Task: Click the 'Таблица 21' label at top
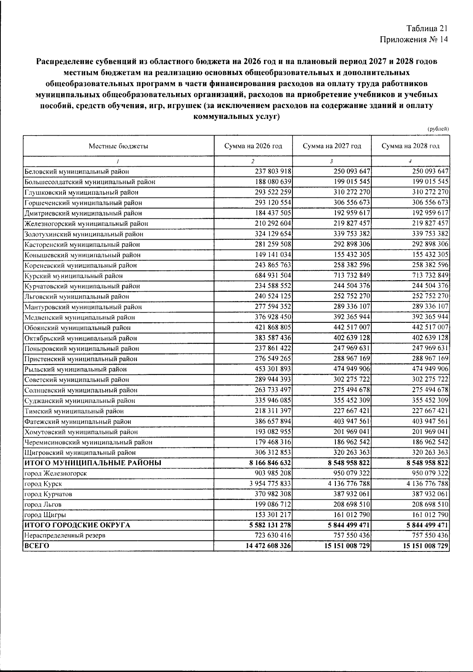coord(427,28)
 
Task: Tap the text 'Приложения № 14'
coord(414,39)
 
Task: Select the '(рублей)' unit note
coord(438,129)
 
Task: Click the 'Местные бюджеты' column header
coord(118,146)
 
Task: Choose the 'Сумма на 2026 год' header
coord(253,146)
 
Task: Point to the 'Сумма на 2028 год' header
coord(410,146)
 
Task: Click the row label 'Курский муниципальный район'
coord(73,276)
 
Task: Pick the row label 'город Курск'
coord(43,484)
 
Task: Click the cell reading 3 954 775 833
coord(270,484)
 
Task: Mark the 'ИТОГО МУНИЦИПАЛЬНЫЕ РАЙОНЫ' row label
coord(93,463)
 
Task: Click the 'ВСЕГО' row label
coord(36,546)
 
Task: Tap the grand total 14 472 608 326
coord(268,546)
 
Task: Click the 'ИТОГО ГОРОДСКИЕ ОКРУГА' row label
coord(77,525)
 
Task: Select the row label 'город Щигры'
coord(45,515)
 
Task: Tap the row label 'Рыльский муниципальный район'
coord(75,370)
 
